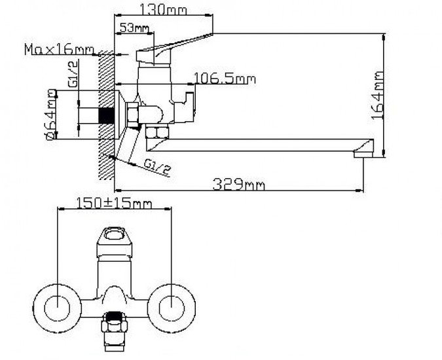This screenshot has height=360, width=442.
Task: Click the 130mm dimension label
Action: pos(163,10)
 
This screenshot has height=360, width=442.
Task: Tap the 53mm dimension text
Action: pos(134,27)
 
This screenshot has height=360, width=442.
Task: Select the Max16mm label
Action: pos(59,49)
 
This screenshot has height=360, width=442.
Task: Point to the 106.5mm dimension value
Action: pos(225,79)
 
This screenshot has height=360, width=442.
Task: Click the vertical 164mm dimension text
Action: pos(378,95)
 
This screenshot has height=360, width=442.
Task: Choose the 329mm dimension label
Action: pos(239,185)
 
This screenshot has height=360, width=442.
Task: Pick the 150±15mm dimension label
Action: pos(114,203)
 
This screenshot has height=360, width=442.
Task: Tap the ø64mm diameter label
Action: pos(51,115)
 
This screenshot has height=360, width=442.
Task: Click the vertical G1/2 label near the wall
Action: pos(73,75)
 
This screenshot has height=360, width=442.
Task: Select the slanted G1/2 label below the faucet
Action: pos(157,168)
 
